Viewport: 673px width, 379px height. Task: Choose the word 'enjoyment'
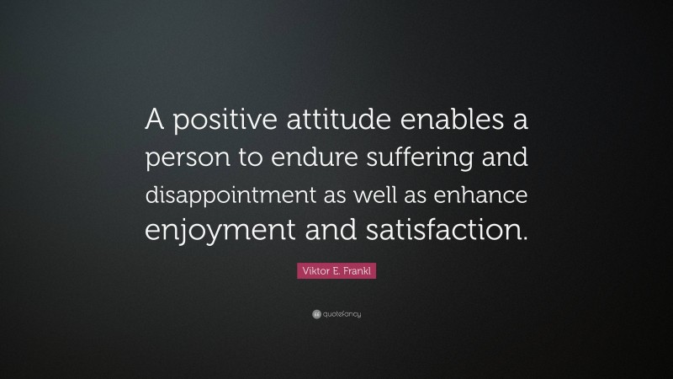pyautogui.click(x=215, y=230)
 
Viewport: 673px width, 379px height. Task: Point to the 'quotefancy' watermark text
pyautogui.click(x=342, y=314)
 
